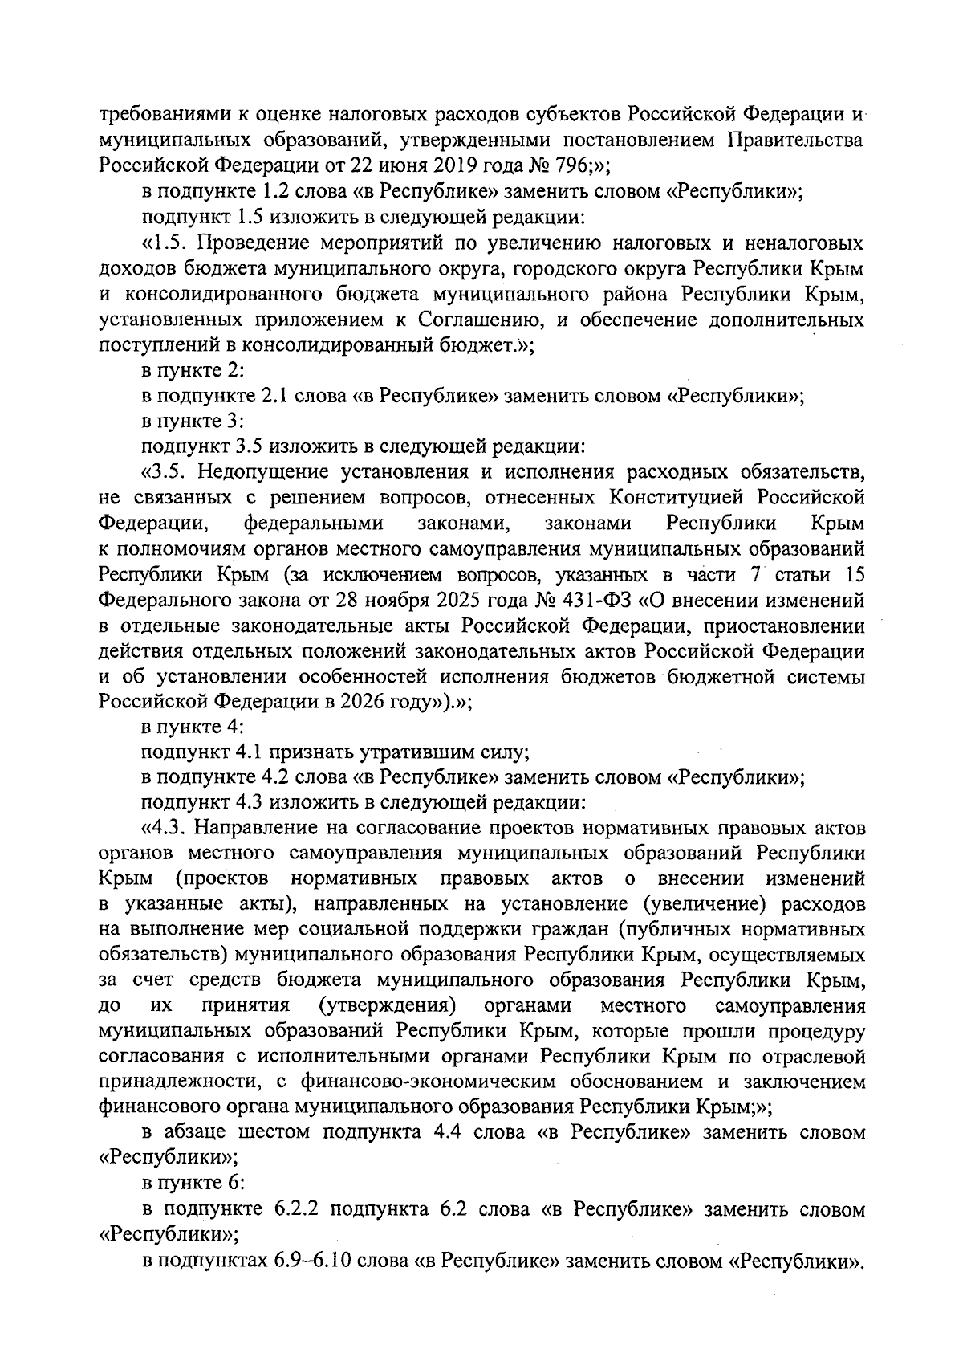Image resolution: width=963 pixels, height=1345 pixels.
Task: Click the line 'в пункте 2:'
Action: (193, 371)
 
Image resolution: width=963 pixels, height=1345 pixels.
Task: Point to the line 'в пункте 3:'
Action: (193, 422)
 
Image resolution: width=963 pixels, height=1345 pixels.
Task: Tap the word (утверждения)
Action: (387, 1006)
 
